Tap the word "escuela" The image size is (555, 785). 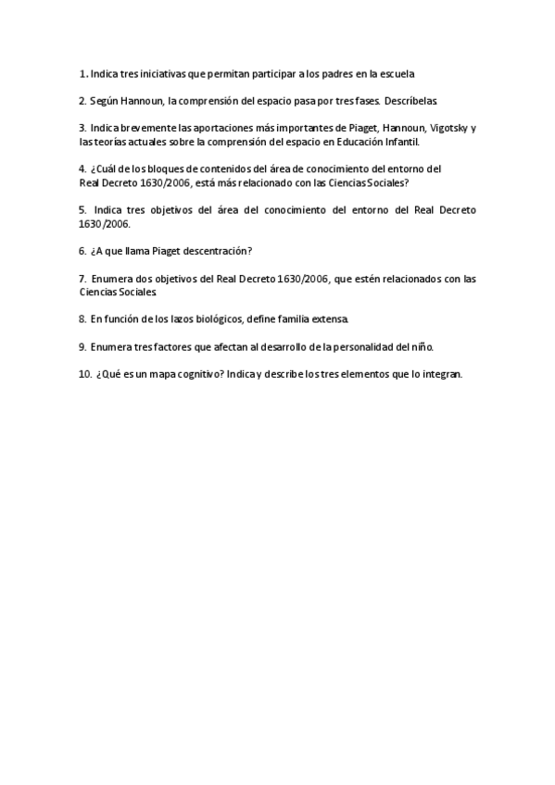(408, 73)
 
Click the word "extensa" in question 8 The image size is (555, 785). (332, 319)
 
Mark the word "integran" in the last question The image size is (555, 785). (440, 374)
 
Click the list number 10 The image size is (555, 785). (84, 374)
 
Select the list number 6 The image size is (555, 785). (82, 251)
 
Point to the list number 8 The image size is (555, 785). (82, 319)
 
